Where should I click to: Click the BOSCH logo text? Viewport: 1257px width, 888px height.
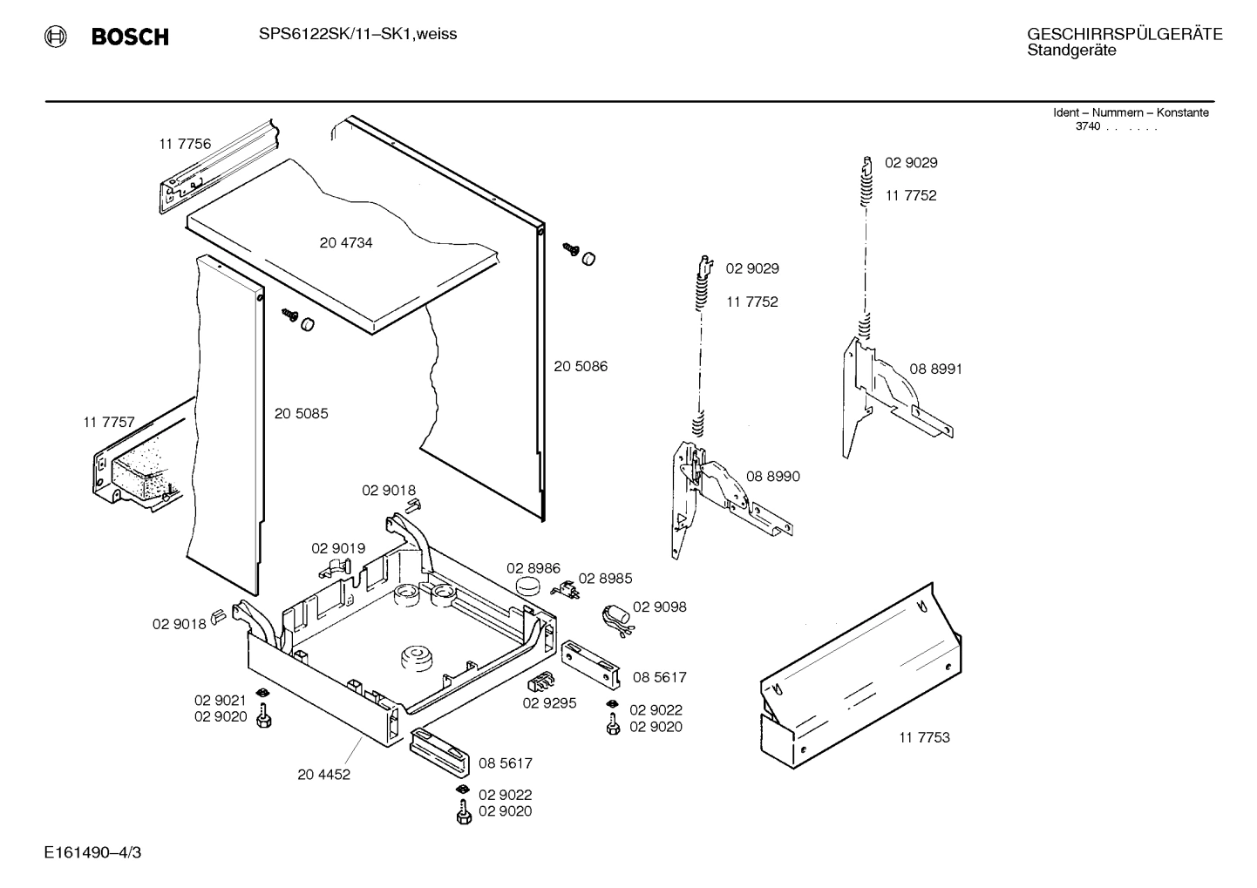click(129, 37)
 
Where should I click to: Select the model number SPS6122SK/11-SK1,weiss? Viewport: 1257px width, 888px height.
click(357, 34)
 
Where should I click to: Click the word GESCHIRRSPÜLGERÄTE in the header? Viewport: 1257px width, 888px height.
click(1125, 34)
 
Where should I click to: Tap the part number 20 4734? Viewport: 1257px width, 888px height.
click(345, 243)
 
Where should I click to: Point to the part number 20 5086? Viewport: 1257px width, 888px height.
click(581, 366)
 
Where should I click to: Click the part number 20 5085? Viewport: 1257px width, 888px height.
click(301, 414)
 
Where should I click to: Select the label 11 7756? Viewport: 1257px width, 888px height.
click(184, 144)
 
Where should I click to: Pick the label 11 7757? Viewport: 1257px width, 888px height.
click(109, 423)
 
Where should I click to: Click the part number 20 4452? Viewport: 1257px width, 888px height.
click(323, 775)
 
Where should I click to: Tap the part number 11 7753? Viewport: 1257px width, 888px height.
click(924, 737)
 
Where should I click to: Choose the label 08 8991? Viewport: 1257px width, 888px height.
click(935, 369)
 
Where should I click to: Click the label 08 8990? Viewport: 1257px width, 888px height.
click(772, 477)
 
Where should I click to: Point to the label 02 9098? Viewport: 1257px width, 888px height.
click(659, 607)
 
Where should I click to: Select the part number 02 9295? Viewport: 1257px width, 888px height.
click(549, 703)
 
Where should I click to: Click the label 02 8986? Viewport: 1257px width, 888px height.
click(533, 568)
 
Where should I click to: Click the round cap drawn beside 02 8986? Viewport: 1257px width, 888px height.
click(527, 587)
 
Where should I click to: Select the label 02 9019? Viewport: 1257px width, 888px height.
click(338, 548)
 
